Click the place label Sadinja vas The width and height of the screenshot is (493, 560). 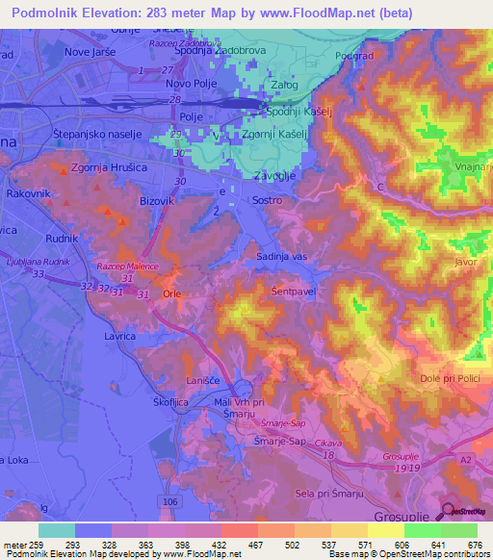pyautogui.click(x=281, y=256)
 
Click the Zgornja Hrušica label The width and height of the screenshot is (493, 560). pyautogui.click(x=108, y=167)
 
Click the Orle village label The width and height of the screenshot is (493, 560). pyautogui.click(x=171, y=294)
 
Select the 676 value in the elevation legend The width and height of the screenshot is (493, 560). pyautogui.click(x=473, y=544)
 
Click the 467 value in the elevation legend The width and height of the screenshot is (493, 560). pyautogui.click(x=254, y=544)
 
